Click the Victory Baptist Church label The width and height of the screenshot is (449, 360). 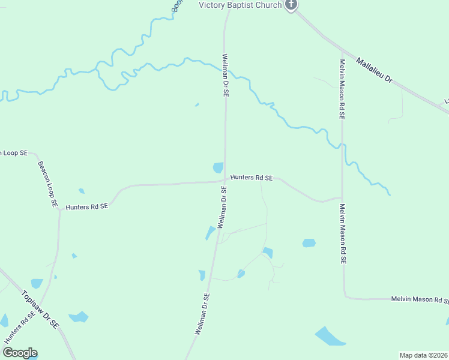(240, 5)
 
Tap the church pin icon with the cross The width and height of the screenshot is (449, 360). (291, 5)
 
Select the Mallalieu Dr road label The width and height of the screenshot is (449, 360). (374, 71)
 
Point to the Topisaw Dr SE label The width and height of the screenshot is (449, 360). (40, 309)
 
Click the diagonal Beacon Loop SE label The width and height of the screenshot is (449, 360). (47, 184)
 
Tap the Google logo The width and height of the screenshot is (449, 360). (20, 353)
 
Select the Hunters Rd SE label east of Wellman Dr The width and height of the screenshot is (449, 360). (252, 178)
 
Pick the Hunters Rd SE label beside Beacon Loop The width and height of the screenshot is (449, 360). (87, 206)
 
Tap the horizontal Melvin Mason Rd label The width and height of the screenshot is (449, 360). (419, 299)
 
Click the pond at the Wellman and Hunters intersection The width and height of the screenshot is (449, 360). (218, 167)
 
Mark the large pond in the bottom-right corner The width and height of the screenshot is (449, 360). (329, 337)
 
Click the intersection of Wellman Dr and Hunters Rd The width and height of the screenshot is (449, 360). (225, 180)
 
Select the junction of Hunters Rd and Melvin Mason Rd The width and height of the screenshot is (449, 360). (342, 198)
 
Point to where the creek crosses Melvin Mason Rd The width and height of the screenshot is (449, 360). (342, 144)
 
